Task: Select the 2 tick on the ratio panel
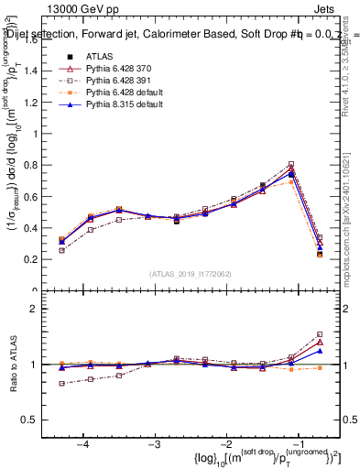click(x=34, y=309)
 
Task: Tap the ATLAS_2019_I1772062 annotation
click(x=191, y=274)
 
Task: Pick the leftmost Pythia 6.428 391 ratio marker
click(x=61, y=384)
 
